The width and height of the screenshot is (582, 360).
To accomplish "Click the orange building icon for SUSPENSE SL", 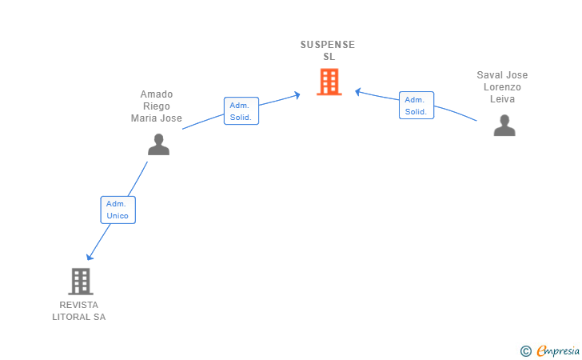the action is coord(329,82).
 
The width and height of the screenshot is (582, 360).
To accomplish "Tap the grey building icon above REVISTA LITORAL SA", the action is coord(81,282).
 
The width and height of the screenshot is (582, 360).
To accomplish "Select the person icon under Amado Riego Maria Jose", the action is coord(158,145).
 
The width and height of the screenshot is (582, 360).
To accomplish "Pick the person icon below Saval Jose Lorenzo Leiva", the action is coord(504,126).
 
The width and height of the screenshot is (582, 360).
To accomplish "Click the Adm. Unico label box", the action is coord(118,210).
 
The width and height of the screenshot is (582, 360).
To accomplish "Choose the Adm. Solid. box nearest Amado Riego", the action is coord(241,110).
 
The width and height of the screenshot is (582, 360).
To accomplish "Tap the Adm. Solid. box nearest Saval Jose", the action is coord(417,105).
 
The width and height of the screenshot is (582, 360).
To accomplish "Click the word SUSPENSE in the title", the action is coord(328,45).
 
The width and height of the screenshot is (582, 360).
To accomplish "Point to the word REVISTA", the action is coord(78,305).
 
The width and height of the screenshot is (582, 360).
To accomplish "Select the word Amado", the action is coord(157,94).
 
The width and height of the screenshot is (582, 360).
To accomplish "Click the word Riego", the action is coord(157,106).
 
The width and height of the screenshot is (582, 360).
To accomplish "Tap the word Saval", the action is coord(489,75).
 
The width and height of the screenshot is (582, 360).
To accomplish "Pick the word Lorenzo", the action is coord(502,87).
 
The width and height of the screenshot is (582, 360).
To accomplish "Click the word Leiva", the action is coord(502,99).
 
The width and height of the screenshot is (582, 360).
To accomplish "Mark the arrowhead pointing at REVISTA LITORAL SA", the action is coord(89,257).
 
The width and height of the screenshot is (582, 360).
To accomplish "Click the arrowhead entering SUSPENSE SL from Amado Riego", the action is coord(297,95).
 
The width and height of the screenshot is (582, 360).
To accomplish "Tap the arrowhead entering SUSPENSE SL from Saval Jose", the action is coord(358,91).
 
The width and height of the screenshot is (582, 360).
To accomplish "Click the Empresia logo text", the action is coord(558,350).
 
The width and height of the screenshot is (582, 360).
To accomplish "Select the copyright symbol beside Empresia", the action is coord(525,351).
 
